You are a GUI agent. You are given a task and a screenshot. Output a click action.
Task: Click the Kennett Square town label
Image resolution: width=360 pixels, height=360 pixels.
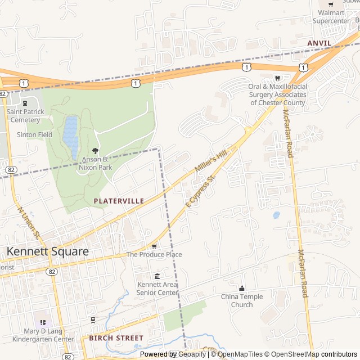click(47, 251)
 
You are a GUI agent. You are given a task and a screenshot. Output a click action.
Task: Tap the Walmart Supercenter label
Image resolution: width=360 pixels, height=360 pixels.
click(331, 17)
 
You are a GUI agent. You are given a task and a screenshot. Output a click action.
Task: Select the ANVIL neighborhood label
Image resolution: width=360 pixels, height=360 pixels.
click(321, 43)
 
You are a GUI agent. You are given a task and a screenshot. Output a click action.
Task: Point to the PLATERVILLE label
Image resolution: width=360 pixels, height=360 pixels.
click(119, 201)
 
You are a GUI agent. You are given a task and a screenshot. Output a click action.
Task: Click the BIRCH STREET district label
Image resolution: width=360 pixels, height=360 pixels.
click(116, 338)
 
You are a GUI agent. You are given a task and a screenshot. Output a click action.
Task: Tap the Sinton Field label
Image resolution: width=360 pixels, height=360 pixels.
click(34, 135)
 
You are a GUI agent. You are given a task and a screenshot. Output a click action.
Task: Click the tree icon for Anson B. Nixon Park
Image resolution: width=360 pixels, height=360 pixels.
click(95, 151)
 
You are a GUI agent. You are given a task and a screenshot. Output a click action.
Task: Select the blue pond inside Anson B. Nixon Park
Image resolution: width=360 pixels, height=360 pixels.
click(70, 137)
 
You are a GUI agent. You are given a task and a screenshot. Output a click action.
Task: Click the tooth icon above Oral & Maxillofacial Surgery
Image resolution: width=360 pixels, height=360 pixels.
click(277, 78)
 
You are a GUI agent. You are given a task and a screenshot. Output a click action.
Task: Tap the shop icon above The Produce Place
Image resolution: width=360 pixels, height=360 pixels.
click(154, 246)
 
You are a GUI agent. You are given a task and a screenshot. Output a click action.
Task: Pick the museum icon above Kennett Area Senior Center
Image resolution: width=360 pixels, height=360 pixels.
click(157, 276)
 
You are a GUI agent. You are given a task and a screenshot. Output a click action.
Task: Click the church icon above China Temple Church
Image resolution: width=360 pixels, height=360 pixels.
click(242, 288)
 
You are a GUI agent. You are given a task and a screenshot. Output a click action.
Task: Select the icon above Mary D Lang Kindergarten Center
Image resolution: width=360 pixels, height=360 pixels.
click(43, 322)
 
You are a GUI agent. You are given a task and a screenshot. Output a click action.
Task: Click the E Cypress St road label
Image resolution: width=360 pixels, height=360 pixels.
click(201, 192)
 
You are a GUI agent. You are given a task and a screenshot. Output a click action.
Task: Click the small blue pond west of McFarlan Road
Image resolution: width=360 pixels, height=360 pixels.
click(276, 215)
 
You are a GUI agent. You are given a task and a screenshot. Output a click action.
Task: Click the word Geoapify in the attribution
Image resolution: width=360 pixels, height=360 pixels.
click(193, 354)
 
